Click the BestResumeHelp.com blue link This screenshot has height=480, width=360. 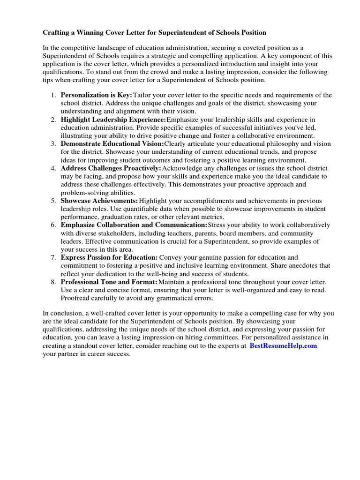[283, 345]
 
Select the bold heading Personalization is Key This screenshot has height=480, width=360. [97, 95]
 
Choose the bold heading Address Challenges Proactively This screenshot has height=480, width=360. [111, 168]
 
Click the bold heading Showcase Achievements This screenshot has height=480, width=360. [99, 200]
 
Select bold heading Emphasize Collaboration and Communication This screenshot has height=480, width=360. [134, 225]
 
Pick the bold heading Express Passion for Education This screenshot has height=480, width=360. [109, 257]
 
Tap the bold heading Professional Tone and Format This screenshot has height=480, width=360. [109, 282]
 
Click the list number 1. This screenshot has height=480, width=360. [53, 95]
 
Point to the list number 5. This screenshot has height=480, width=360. [53, 200]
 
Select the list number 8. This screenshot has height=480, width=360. [53, 282]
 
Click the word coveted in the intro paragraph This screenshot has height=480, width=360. [256, 47]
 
